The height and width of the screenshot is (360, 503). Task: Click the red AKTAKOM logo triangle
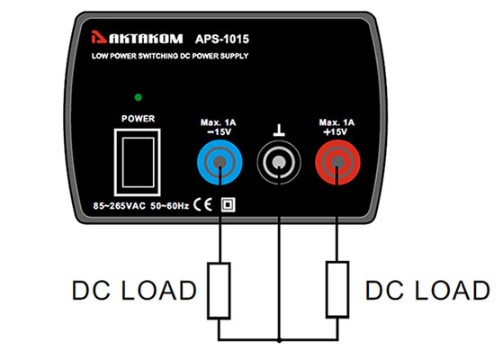pos(98,37)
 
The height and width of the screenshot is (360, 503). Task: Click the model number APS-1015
pos(222,39)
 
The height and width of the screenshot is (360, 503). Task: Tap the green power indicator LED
pos(139,97)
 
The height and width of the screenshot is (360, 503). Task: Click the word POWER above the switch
pos(138,119)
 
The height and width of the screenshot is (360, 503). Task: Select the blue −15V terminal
pos(220,162)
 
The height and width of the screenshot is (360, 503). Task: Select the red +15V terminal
pos(337,162)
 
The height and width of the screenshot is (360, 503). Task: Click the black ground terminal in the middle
pos(279,162)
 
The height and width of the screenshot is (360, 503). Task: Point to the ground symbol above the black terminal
pos(279,130)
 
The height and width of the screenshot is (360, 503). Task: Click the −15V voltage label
pos(219,132)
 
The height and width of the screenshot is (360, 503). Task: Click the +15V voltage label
pos(336,132)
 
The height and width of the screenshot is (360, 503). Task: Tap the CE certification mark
pos(202,204)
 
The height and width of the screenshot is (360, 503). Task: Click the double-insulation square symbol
pos(228,204)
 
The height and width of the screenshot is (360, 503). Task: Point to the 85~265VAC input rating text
pos(120,206)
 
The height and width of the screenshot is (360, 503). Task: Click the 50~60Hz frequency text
pos(170,206)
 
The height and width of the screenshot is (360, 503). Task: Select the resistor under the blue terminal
pos(219,291)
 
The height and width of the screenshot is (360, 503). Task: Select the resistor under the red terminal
pos(337,290)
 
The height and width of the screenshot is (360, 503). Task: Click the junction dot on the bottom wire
pos(279,340)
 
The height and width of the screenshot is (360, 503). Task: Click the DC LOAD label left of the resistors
pos(134,291)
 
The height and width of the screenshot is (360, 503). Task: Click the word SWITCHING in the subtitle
pos(157,56)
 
